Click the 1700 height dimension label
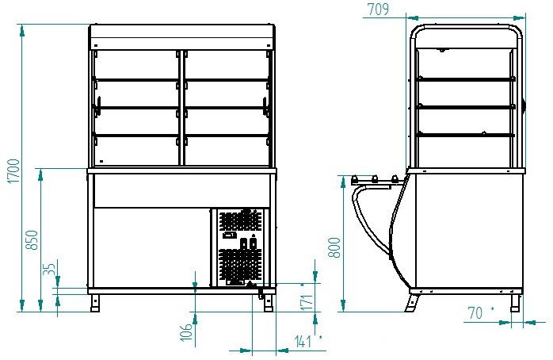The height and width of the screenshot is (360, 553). pos(14,170)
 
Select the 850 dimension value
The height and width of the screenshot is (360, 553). pos(32,240)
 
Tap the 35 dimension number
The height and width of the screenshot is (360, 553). pos(51,269)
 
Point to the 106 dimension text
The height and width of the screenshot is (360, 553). pos(186,332)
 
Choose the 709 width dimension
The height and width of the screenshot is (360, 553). pos(378,10)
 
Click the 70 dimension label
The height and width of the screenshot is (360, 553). pos(475,312)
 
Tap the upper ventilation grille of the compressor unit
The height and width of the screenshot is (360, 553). pos(241,221)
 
